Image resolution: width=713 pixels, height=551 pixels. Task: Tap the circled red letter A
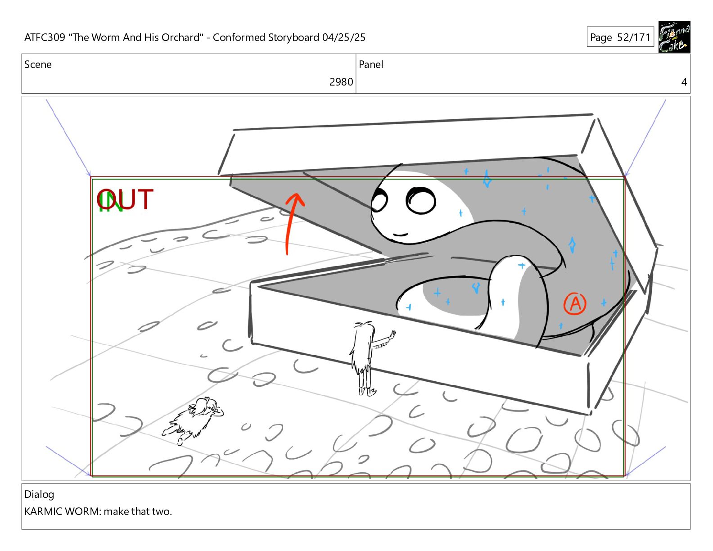pyautogui.click(x=575, y=304)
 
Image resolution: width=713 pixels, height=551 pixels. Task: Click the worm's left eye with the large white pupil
pyautogui.click(x=421, y=201)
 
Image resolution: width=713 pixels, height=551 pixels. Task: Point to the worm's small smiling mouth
pyautogui.click(x=400, y=235)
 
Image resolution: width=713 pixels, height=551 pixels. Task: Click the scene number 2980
pyautogui.click(x=341, y=82)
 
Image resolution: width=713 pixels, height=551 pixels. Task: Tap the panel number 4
pyautogui.click(x=684, y=82)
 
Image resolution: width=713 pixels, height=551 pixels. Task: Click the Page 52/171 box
pyautogui.click(x=620, y=37)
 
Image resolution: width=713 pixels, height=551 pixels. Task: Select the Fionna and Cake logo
pyautogui.click(x=674, y=37)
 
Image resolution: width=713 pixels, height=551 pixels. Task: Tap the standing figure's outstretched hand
pyautogui.click(x=392, y=335)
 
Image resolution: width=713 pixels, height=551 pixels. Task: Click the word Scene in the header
pyautogui.click(x=38, y=65)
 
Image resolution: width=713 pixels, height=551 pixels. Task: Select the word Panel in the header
pyautogui.click(x=371, y=65)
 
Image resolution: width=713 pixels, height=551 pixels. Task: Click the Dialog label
pyautogui.click(x=39, y=494)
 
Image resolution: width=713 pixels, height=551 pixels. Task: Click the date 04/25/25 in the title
pyautogui.click(x=343, y=37)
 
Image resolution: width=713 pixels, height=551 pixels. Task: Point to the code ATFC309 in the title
pyautogui.click(x=45, y=37)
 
